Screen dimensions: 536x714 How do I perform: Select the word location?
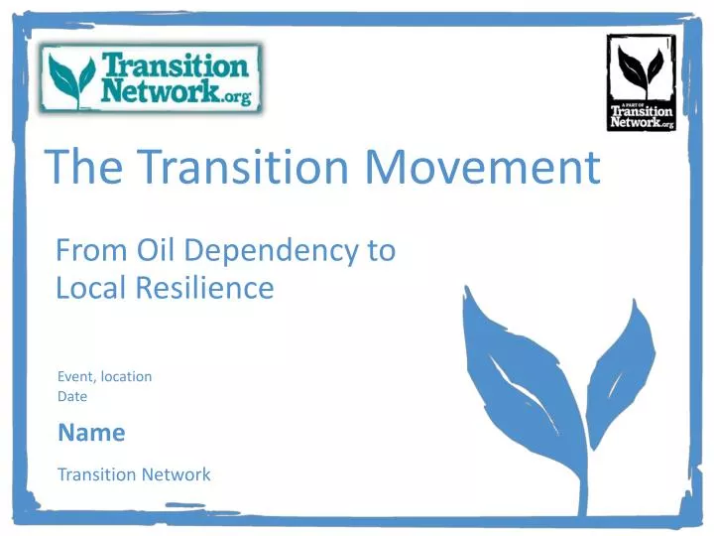click(x=125, y=377)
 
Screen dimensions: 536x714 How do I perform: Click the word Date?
click(x=72, y=396)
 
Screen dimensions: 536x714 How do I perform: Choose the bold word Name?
click(x=91, y=433)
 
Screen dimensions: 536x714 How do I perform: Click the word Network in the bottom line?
click(x=176, y=474)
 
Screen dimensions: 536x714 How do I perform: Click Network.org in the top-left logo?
click(x=178, y=92)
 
